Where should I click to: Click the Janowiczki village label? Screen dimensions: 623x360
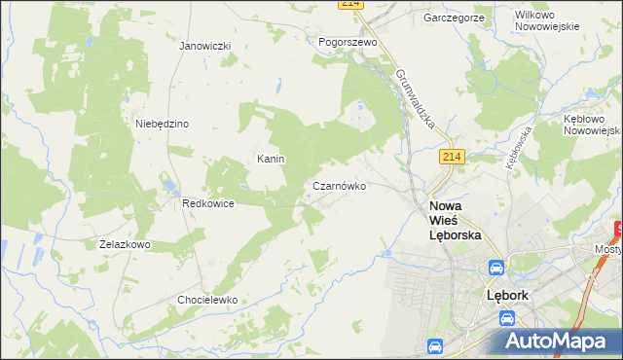tap(204, 46)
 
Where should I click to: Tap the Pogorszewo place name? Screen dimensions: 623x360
tap(348, 43)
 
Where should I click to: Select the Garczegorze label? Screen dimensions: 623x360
tap(454, 18)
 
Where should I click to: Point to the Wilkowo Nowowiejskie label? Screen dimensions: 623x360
tap(547, 19)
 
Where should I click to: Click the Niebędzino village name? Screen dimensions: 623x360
tap(162, 124)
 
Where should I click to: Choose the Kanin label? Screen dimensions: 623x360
tap(270, 159)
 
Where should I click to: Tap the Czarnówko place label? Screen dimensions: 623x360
tap(340, 185)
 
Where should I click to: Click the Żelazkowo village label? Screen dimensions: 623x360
tap(125, 244)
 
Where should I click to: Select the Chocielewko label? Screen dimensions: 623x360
tap(207, 300)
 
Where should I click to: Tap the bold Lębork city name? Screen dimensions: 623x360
tap(506, 295)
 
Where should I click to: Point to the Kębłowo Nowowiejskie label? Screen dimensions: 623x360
tap(591, 124)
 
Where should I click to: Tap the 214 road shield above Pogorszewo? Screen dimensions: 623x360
tap(352, 4)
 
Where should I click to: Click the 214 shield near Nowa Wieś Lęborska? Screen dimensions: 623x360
tap(451, 157)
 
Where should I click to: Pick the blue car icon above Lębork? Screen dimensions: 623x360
tap(495, 268)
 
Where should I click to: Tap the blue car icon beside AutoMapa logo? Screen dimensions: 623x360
tap(435, 345)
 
